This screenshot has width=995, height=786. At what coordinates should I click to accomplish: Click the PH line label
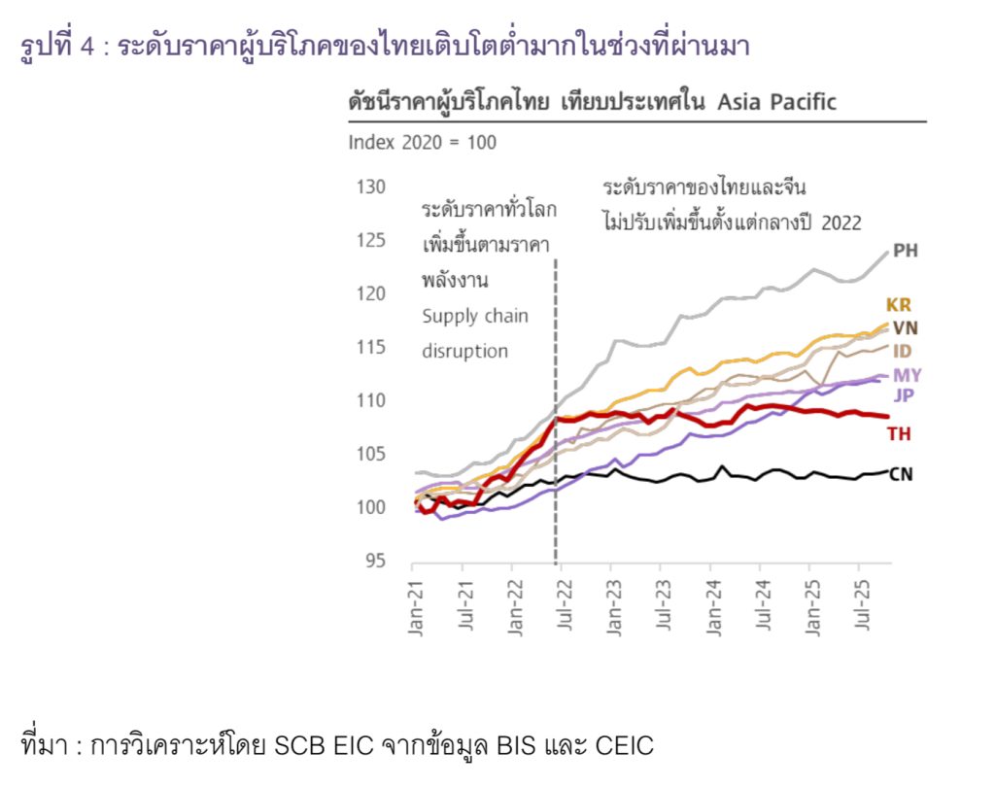point(905,251)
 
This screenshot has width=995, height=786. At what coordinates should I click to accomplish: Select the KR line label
point(899,305)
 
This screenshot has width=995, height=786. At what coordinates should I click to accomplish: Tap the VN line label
point(905,327)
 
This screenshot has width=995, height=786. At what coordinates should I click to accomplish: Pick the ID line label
point(903,351)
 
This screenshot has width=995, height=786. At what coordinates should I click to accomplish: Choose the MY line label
point(908,375)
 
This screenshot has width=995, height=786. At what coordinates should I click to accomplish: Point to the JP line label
point(903,395)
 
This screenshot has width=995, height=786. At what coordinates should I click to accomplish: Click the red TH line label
point(899,433)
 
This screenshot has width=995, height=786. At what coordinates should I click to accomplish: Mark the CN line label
point(901,475)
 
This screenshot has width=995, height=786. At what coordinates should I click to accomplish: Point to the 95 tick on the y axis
point(377,562)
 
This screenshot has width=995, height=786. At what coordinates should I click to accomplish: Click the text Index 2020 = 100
point(422,143)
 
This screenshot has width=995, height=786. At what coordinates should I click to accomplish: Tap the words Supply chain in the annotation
point(475,317)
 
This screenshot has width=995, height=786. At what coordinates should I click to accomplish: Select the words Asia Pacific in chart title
point(776,102)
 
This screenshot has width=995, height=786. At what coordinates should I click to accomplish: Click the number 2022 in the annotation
point(841,222)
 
